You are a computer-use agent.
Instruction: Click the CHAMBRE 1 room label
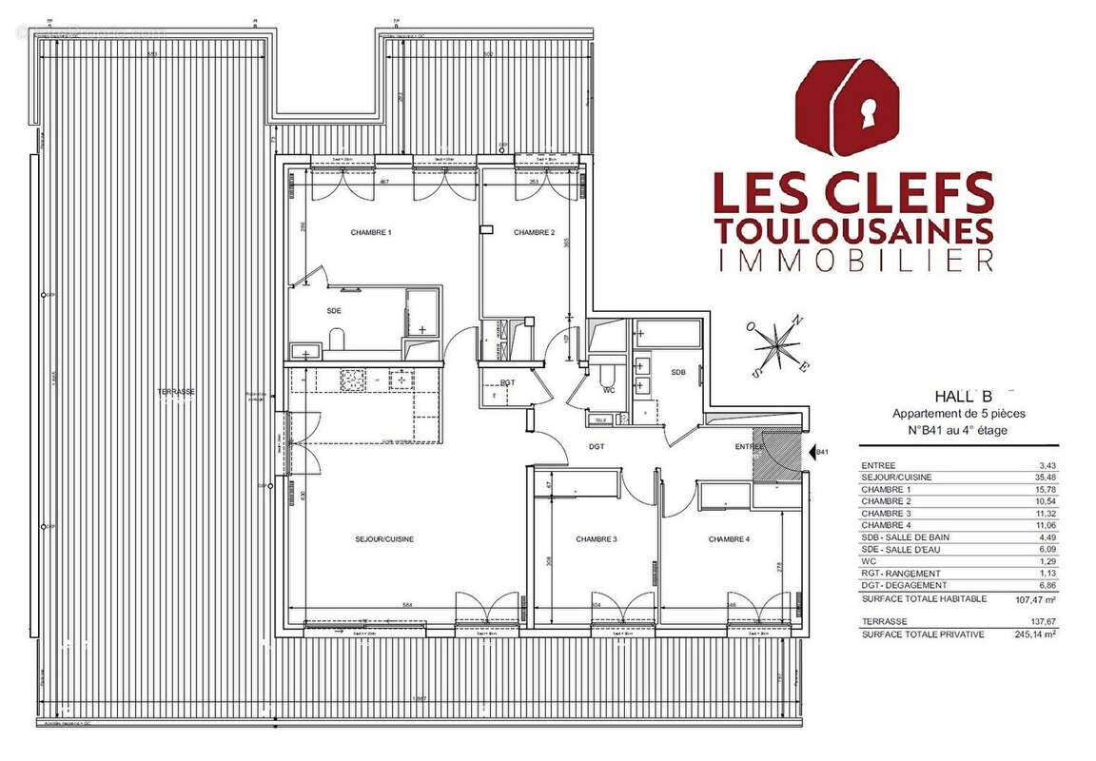click(x=371, y=233)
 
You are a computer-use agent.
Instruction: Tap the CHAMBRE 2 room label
click(x=534, y=233)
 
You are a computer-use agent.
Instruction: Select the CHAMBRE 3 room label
click(x=597, y=539)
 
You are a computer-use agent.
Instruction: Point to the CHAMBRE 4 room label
click(x=729, y=539)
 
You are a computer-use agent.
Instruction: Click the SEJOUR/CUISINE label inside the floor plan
click(x=384, y=539)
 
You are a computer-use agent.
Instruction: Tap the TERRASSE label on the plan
click(x=177, y=392)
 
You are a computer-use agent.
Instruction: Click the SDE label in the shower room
click(x=333, y=311)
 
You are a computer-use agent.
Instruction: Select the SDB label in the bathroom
click(x=678, y=372)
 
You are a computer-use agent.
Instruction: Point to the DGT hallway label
click(x=597, y=446)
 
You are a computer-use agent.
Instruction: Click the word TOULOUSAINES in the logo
click(x=853, y=230)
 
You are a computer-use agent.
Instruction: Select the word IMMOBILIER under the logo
click(x=853, y=261)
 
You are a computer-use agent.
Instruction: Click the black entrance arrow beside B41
click(x=810, y=453)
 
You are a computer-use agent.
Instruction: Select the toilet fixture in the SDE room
click(x=336, y=338)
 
